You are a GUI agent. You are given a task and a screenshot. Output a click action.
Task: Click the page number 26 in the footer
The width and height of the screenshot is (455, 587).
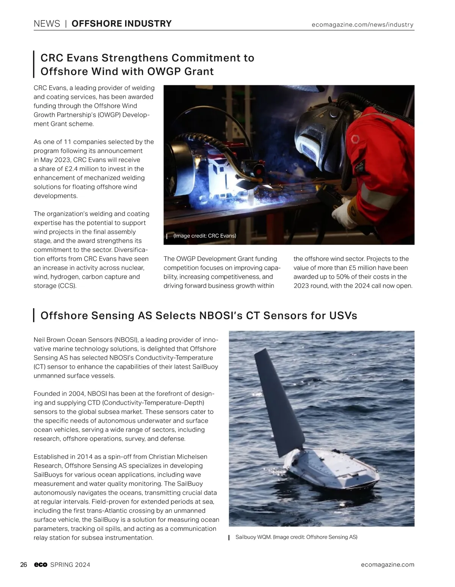[24, 565]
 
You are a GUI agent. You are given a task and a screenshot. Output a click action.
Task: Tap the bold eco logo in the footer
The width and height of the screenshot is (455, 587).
[40, 565]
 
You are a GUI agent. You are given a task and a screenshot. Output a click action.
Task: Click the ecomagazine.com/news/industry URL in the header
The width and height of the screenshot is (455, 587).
[362, 25]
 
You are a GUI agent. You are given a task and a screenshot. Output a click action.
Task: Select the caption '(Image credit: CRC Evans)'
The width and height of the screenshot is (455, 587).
[204, 236]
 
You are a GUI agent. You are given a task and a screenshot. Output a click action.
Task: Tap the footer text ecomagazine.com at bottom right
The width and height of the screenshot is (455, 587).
[388, 565]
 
